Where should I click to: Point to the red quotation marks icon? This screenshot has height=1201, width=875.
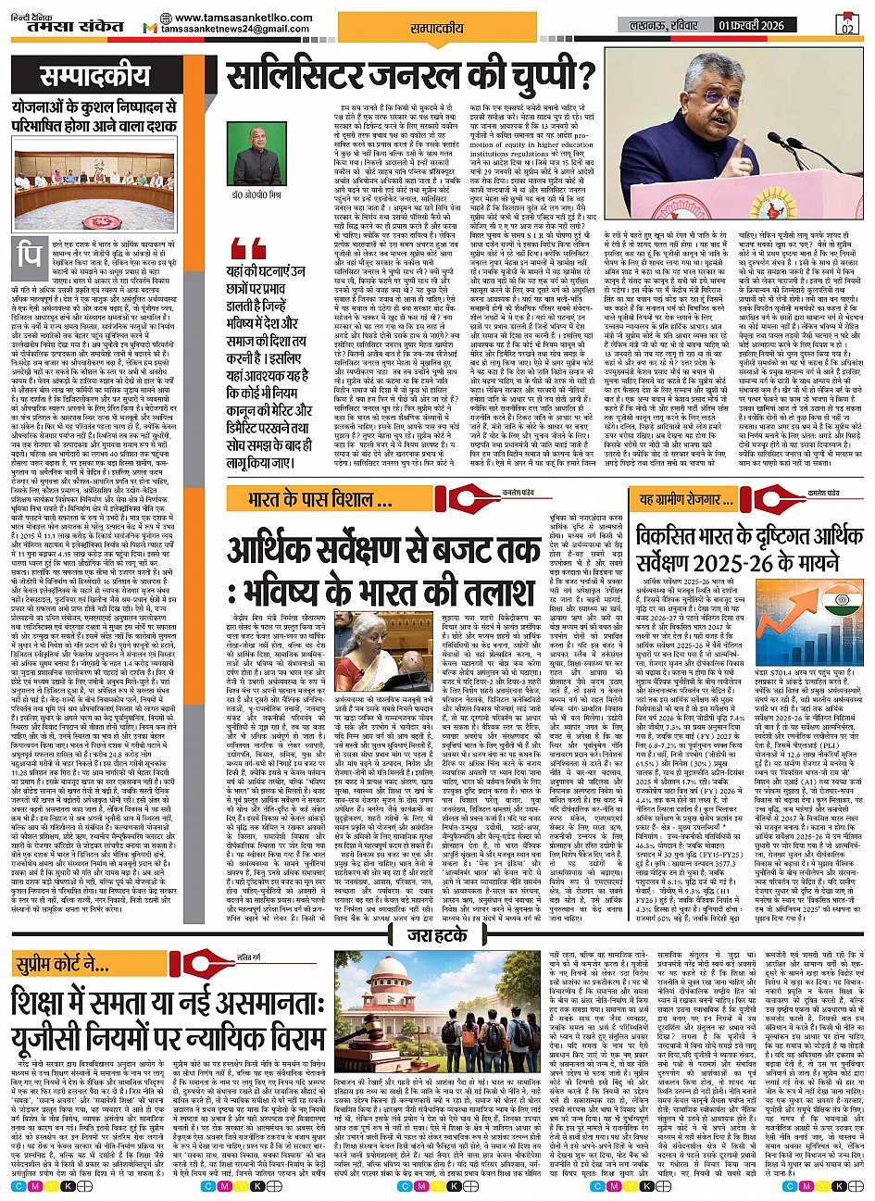[x=249, y=248]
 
